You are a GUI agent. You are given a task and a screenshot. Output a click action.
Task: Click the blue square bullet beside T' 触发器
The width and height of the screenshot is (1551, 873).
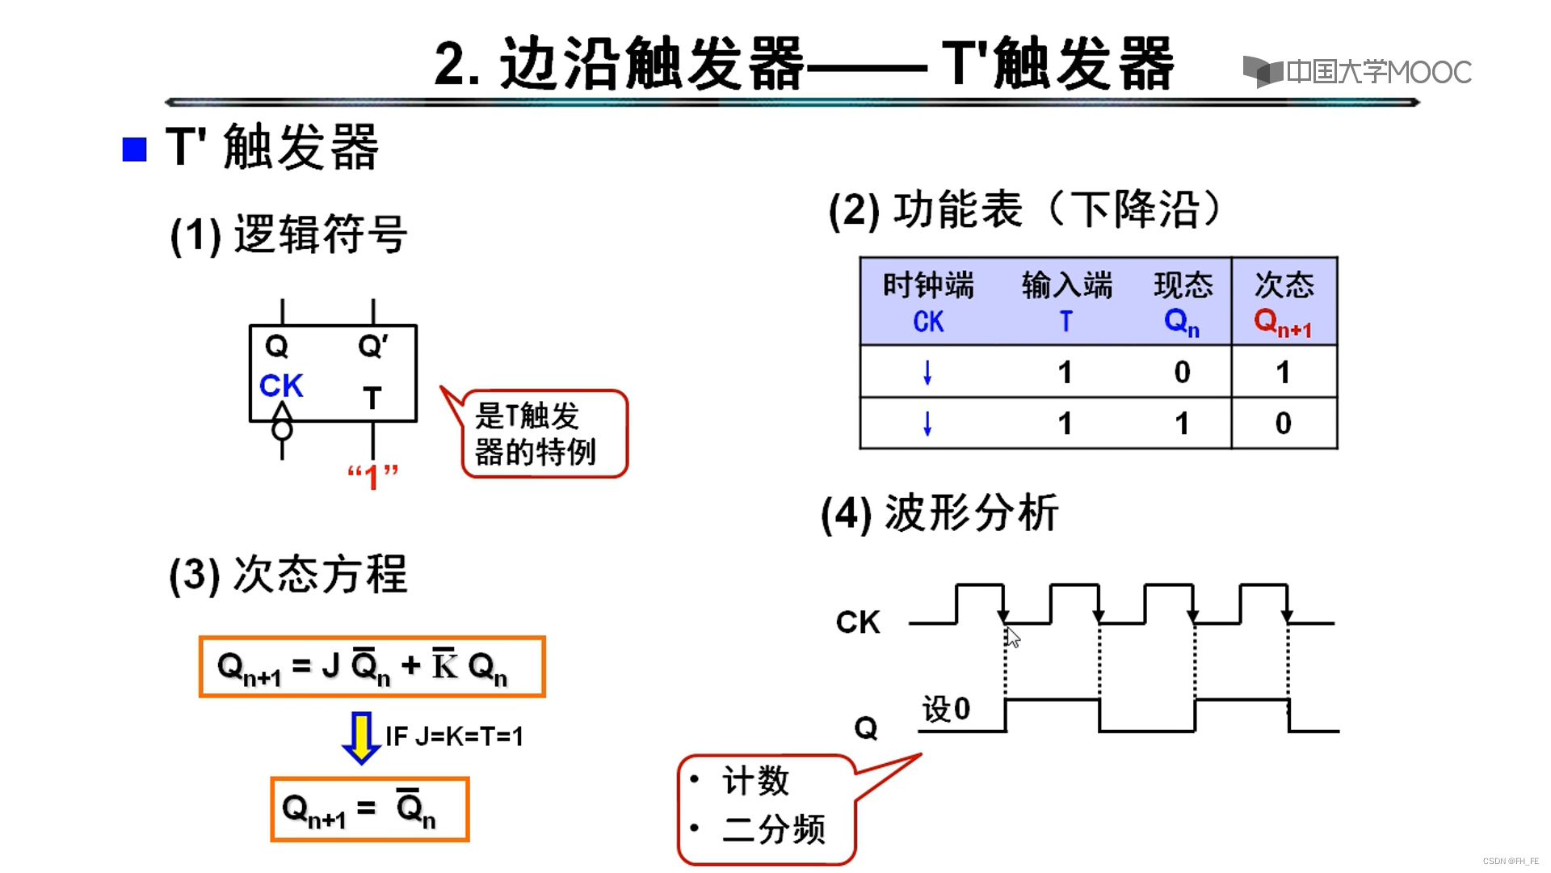[134, 150]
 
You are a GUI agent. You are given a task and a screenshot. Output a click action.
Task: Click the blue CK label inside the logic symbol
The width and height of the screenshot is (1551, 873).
[281, 386]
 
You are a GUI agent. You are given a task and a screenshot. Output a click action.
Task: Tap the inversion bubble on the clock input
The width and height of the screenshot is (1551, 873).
[282, 429]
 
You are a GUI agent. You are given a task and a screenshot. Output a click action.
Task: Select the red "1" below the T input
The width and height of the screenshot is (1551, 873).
[372, 477]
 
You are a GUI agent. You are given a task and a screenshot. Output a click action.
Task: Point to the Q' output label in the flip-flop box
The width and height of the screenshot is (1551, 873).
[372, 347]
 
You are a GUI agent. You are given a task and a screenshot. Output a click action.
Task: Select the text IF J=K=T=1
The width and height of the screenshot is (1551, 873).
[454, 736]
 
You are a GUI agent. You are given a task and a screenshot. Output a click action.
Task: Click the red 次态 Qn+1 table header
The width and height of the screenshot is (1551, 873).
[1284, 302]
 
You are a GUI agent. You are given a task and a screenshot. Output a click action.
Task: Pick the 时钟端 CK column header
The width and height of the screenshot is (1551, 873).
[928, 302]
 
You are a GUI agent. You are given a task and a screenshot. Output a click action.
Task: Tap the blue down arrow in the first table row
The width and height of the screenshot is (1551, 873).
[927, 373]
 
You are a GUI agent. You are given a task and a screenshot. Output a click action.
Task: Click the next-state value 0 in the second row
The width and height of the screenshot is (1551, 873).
[1284, 424]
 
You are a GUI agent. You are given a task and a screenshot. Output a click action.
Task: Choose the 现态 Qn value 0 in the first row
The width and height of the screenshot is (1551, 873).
[1182, 373]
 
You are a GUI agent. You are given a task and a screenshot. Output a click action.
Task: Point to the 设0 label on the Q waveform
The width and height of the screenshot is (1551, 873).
[946, 709]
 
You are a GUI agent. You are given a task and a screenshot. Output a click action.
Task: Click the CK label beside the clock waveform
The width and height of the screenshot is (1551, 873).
[858, 622]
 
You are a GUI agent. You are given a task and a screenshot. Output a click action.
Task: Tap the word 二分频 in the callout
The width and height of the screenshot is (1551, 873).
[774, 829]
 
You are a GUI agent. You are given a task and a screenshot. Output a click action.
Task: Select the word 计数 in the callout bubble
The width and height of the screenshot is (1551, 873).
[755, 781]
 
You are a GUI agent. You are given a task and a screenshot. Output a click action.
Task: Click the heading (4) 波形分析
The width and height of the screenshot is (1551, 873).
[939, 513]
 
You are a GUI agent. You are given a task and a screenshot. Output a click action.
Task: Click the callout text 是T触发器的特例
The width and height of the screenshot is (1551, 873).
[535, 434]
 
